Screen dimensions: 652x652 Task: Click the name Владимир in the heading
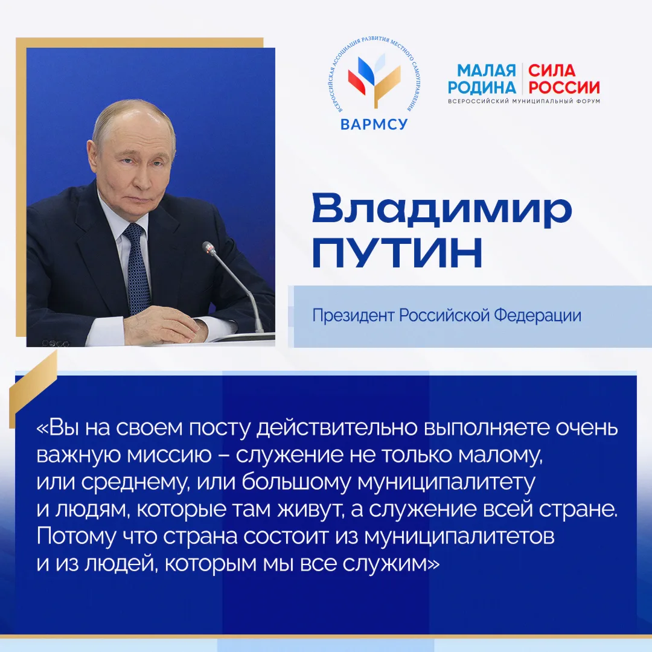[x=441, y=209]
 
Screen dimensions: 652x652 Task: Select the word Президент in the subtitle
[x=353, y=315]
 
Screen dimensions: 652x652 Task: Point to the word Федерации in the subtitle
[x=537, y=315]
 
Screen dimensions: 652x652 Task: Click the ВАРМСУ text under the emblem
[x=374, y=124]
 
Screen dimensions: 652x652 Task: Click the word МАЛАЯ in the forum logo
[x=487, y=70]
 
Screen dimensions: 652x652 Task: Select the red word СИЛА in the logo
[x=552, y=70]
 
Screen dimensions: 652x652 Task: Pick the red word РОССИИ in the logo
[x=564, y=88]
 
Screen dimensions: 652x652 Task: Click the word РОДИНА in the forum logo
[x=482, y=88]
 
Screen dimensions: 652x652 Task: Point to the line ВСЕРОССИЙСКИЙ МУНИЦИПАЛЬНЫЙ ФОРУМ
[x=524, y=101]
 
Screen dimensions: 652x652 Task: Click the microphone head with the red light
[x=209, y=248]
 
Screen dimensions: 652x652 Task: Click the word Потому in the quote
[x=77, y=537]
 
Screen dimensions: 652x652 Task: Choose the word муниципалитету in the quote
[x=446, y=483]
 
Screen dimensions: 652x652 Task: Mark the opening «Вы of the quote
[x=58, y=428]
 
